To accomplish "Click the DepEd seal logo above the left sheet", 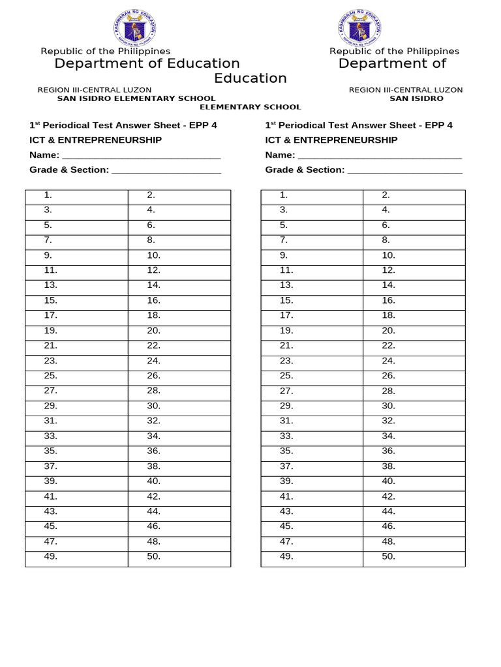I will [134, 28].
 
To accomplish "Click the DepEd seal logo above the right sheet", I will [359, 28].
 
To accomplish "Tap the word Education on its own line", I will [250, 78].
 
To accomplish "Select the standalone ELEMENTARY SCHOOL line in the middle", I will [250, 107].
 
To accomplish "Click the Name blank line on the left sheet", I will [141, 155].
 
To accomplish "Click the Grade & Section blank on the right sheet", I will [404, 170].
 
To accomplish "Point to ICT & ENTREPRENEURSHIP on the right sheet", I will [331, 140].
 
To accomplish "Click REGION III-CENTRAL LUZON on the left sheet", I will [94, 90].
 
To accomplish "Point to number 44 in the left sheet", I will [154, 511].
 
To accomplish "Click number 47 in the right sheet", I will [286, 541].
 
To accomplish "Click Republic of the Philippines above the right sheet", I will [394, 51].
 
